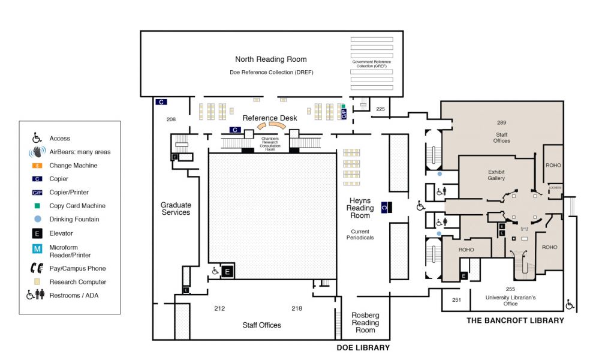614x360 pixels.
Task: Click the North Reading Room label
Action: click(x=270, y=59)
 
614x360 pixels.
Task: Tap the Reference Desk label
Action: click(x=270, y=118)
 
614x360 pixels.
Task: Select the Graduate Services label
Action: click(x=175, y=209)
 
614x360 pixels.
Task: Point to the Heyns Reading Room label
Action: click(x=360, y=208)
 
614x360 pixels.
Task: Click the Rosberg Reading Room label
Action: click(x=365, y=323)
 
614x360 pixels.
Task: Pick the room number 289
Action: click(x=502, y=123)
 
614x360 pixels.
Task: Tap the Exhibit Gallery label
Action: click(x=496, y=175)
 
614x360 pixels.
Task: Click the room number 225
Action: click(x=380, y=109)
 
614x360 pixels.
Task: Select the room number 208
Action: click(x=171, y=119)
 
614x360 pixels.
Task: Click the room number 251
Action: click(x=456, y=299)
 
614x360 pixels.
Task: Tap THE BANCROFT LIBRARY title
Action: click(x=515, y=320)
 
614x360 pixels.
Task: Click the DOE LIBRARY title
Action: click(x=363, y=347)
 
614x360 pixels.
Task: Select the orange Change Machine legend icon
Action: click(x=37, y=166)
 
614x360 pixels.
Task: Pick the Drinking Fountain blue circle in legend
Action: click(x=37, y=220)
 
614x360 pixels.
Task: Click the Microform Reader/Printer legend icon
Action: click(x=37, y=248)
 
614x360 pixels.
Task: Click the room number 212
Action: click(x=219, y=308)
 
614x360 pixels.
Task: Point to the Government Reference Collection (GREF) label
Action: click(x=372, y=64)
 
